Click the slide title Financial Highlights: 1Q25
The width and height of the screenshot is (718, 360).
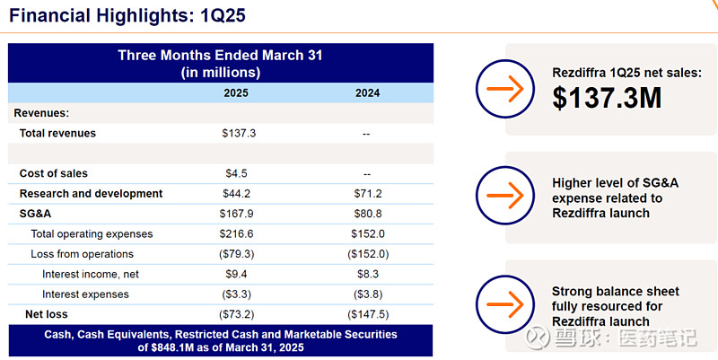[x=127, y=15]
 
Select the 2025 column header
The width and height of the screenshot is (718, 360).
[x=236, y=93]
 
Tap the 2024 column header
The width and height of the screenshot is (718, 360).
[x=367, y=93]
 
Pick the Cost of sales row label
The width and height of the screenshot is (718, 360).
[x=53, y=173]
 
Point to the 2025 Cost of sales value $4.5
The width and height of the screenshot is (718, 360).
[x=236, y=173]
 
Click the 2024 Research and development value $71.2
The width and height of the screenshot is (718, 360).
[x=368, y=194]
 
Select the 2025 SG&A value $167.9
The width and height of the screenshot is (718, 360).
[x=236, y=214]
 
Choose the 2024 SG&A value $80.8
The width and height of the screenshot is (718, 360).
[x=368, y=214]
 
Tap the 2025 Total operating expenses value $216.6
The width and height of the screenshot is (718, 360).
[x=236, y=234]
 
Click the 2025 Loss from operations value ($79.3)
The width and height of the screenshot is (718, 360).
[x=236, y=254]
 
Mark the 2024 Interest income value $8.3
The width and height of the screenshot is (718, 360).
[x=368, y=275]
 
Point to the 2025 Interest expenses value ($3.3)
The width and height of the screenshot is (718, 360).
[x=236, y=294]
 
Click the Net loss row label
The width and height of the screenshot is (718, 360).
[x=47, y=314]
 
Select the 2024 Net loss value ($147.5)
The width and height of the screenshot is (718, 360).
[x=368, y=314]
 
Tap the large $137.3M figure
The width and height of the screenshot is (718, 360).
[x=607, y=98]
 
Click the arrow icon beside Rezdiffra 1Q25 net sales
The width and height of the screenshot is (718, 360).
[x=505, y=88]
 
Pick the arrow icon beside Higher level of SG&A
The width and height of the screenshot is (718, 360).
[x=505, y=196]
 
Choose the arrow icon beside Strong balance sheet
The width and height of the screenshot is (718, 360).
[x=505, y=304]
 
